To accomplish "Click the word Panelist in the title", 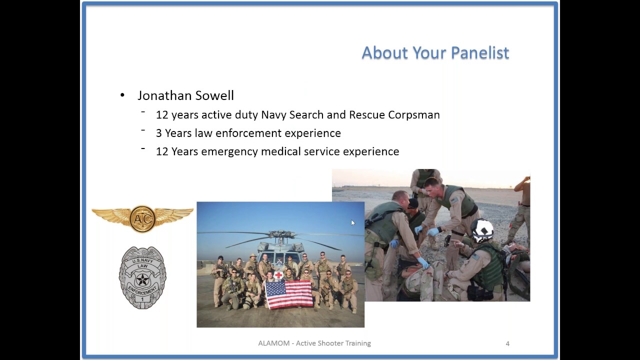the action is coord(480,52).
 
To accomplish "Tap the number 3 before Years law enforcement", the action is coord(159,133).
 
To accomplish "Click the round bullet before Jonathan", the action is coord(122,95).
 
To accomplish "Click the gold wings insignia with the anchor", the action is coord(142,218).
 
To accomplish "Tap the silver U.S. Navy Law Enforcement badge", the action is coord(142,277).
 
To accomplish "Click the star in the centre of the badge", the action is coord(142,279).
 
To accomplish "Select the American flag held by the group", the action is coord(289,294).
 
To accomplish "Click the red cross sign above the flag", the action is coord(278,275).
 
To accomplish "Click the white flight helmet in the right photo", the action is coord(482,230).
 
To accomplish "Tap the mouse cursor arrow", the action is coord(353,223).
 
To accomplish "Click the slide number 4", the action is coord(507,343).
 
